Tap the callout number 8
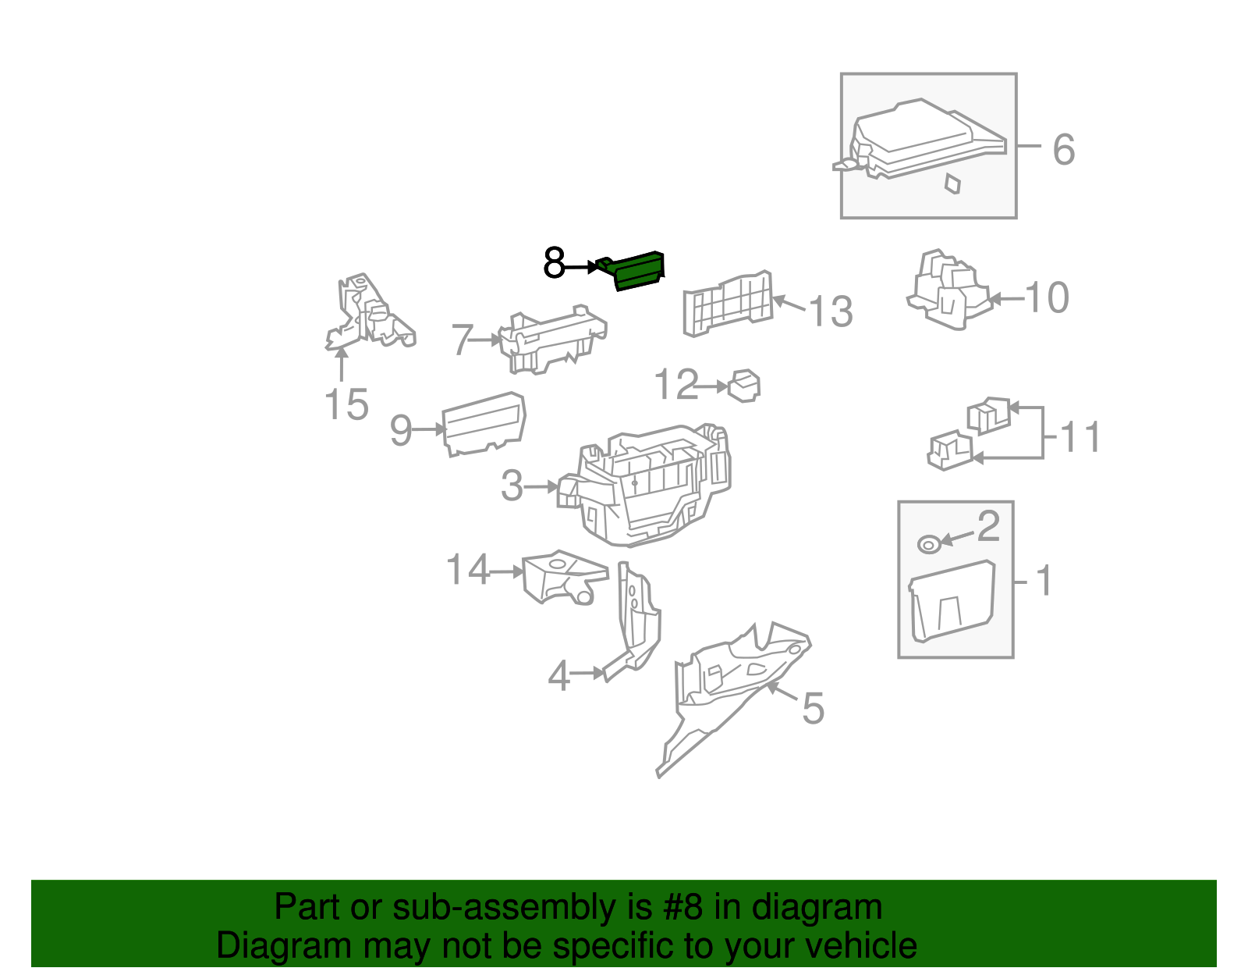555,263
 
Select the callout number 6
1064,149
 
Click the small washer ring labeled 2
929,544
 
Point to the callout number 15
346,404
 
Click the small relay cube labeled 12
744,386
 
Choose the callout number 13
831,311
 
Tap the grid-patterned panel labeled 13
728,304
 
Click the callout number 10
1047,297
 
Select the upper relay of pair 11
989,415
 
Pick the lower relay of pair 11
951,450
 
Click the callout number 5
814,708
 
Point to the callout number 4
558,676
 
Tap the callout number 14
467,569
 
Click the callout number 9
401,430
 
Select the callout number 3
512,486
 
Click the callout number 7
463,340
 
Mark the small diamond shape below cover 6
953,183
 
